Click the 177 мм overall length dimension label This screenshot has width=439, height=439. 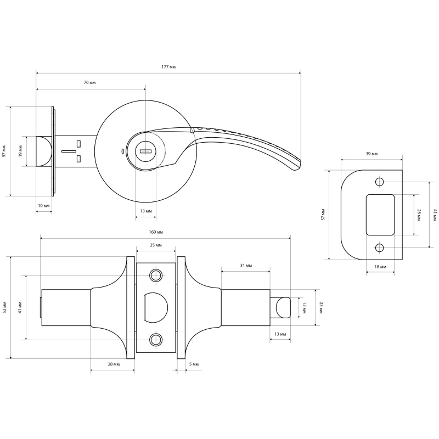[x=168, y=67]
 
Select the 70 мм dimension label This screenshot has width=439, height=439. [x=89, y=83]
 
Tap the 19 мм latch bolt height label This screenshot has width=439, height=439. [x=20, y=151]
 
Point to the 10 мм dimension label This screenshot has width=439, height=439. [x=44, y=205]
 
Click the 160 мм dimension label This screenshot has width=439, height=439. [x=156, y=232]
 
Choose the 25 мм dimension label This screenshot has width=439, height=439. [x=156, y=245]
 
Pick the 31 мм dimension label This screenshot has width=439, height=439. [x=246, y=266]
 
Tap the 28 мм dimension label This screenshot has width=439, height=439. [x=114, y=364]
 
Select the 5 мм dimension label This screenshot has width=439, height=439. [x=194, y=364]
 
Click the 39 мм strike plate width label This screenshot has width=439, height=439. [x=372, y=154]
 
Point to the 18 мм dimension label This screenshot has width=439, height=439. [x=380, y=267]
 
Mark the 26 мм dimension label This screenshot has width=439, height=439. [x=419, y=215]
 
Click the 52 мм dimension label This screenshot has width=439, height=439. [x=4, y=307]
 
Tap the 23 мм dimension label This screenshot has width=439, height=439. [x=321, y=307]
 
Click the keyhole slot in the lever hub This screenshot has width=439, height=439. [x=145, y=151]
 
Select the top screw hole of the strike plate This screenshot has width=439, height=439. [x=379, y=182]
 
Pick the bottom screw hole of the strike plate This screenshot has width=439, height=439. [x=379, y=248]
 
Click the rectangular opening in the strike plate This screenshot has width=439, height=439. [x=380, y=215]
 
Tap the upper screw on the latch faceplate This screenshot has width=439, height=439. [x=156, y=275]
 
